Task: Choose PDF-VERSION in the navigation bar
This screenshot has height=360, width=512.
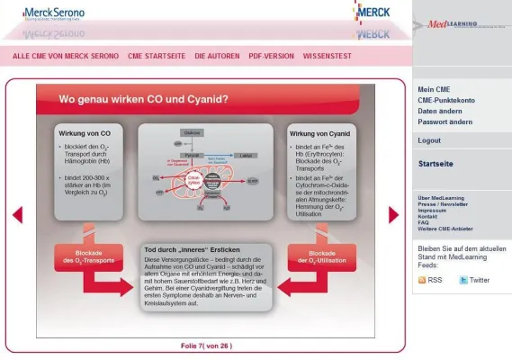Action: pos(271,56)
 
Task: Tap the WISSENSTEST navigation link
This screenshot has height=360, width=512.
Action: pos(333,56)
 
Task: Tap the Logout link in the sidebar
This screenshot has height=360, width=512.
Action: pos(429,140)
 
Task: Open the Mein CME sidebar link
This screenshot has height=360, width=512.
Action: pos(434,89)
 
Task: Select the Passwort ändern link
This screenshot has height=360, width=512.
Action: pos(445,121)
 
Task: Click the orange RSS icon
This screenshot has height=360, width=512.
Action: pos(423,281)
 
